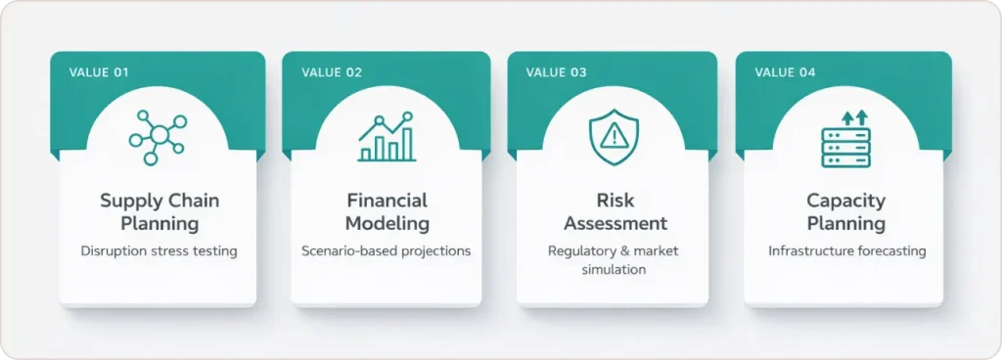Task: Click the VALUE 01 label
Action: (x=99, y=72)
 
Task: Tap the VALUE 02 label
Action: (x=332, y=72)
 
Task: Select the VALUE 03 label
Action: (x=556, y=72)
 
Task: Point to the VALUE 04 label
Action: (x=786, y=72)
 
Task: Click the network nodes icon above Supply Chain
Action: (x=157, y=136)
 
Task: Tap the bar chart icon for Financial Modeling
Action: (x=387, y=137)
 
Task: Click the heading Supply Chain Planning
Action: (x=159, y=211)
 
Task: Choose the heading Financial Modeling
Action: (x=387, y=211)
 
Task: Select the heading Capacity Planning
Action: (x=845, y=211)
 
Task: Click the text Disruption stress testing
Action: (x=159, y=251)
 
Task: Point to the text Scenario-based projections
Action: (x=387, y=251)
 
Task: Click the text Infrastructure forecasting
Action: (x=845, y=251)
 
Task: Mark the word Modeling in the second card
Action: (x=387, y=224)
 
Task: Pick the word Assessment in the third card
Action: (x=615, y=224)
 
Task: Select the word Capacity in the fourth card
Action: (x=845, y=201)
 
